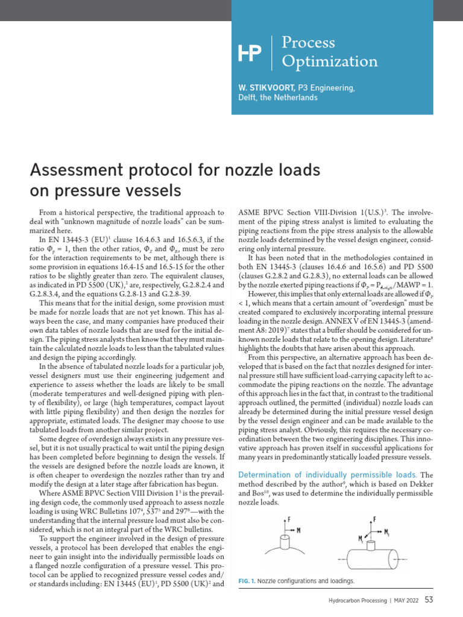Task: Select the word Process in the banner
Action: tap(309, 43)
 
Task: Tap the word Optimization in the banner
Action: tap(330, 61)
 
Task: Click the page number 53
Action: tap(429, 600)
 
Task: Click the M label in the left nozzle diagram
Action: tap(299, 530)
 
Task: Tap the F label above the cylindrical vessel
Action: tap(376, 519)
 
